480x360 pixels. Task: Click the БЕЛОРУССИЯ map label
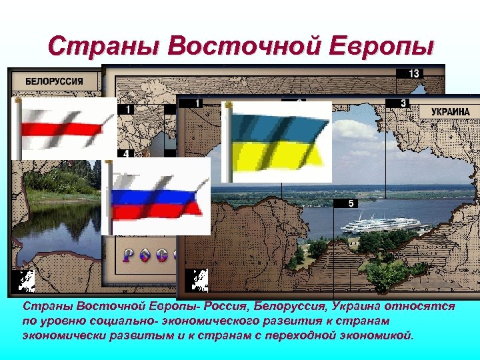pos(54,81)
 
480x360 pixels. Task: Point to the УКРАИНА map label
pos(450,111)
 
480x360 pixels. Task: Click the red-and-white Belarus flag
pos(64,129)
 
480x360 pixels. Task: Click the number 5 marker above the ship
pos(351,203)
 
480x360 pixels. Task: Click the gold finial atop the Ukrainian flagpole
pos(227,105)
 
